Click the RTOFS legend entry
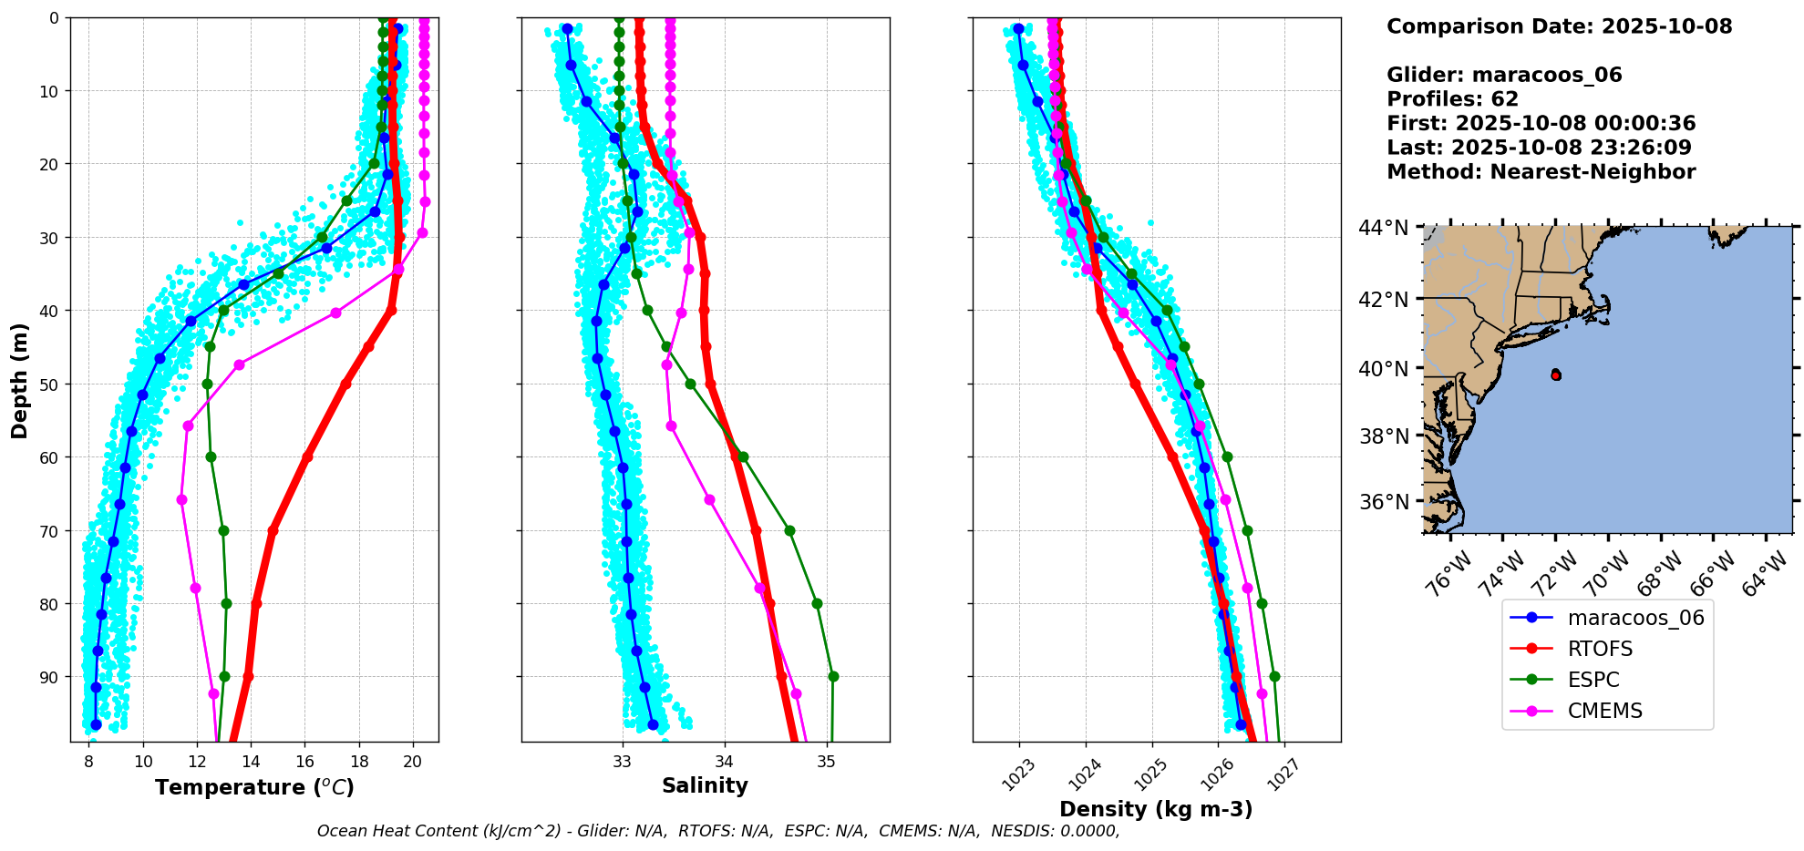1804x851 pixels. pyautogui.click(x=1600, y=649)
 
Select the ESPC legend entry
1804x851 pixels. pyautogui.click(x=1593, y=680)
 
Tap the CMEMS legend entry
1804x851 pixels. pyautogui.click(x=1604, y=711)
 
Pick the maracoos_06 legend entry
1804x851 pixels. pyautogui.click(x=1635, y=618)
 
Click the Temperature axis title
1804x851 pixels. pyautogui.click(x=254, y=787)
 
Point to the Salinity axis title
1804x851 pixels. pyautogui.click(x=705, y=785)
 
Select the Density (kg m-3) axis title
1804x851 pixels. pyautogui.click(x=1156, y=809)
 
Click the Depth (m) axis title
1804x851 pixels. pyautogui.click(x=19, y=380)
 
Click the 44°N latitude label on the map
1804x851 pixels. pyautogui.click(x=1383, y=228)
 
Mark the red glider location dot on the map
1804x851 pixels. pyautogui.click(x=1555, y=374)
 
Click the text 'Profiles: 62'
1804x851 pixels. pyautogui.click(x=1452, y=99)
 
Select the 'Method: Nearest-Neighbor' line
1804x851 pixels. pyautogui.click(x=1541, y=172)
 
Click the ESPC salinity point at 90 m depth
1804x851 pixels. pyautogui.click(x=833, y=677)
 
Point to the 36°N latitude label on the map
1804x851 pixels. pyautogui.click(x=1384, y=502)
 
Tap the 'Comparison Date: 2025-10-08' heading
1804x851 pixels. pyautogui.click(x=1559, y=26)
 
